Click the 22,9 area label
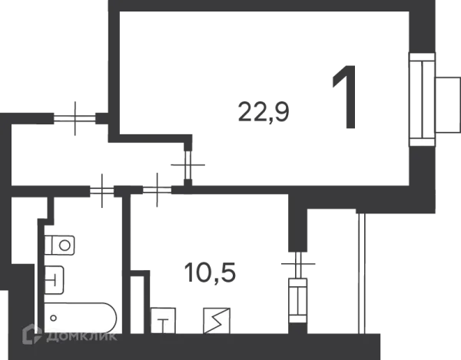coord(264,111)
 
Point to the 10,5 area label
coord(210,272)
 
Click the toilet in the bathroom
coord(59,245)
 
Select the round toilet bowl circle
coord(65,245)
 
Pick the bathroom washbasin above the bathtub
coord(54,280)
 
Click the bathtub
coord(80,319)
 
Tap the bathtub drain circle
coord(53,318)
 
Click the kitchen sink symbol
coord(163,321)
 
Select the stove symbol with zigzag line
coord(217,321)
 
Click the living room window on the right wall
coord(422,100)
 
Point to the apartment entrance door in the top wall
coord(75,118)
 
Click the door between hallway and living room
coord(188,165)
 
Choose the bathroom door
coord(102,190)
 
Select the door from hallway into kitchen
coord(157,190)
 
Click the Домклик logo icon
coord(32,334)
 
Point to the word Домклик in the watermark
coord(81,336)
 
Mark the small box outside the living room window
coord(448,105)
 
